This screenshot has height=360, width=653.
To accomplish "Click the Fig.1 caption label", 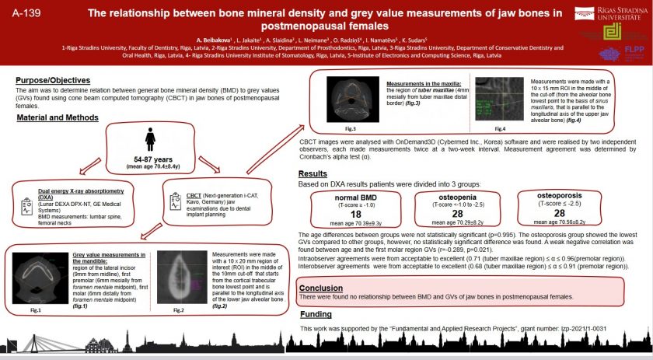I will pyautogui.click(x=35, y=309).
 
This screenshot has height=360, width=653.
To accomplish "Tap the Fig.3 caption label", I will pyautogui.click(x=350, y=128).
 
